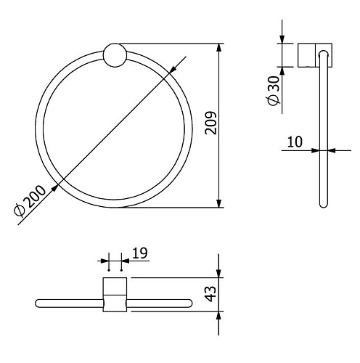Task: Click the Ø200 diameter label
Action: [x=30, y=201]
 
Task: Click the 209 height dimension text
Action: [x=210, y=123]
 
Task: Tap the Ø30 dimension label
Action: [x=274, y=91]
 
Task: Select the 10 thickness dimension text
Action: [x=295, y=142]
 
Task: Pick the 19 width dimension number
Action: [x=140, y=253]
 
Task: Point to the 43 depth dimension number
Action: [x=210, y=294]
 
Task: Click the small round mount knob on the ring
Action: [x=115, y=55]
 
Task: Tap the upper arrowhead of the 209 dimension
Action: [x=218, y=47]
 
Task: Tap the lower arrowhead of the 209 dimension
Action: [x=218, y=203]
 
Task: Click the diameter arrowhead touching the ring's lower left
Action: [x=55, y=188]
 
